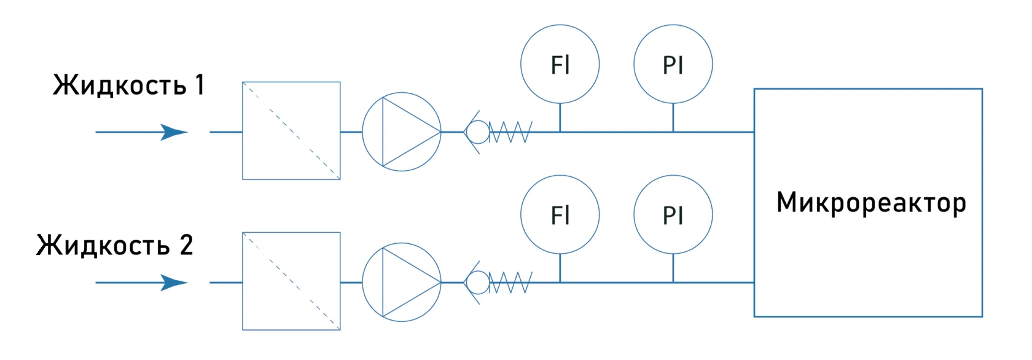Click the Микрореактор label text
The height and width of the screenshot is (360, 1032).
pos(870,203)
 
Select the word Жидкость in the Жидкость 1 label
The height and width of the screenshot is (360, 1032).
pos(120,85)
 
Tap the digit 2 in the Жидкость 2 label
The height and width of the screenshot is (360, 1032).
pos(186,245)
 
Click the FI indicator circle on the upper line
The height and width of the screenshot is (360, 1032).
pos(560,64)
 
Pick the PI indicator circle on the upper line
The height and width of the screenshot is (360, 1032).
pos(673,64)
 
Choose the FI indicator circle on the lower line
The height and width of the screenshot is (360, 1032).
pos(560,215)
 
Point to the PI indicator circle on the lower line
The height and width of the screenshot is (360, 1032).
pos(673,215)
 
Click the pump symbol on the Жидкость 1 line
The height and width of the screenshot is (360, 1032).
pos(402,131)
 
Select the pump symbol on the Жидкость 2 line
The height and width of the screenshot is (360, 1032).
pos(402,283)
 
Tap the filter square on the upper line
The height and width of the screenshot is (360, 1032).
pos(291,131)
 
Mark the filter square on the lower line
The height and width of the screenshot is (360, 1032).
pos(291,281)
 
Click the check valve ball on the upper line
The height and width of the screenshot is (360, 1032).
pos(477,131)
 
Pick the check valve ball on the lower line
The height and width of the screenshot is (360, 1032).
pos(477,283)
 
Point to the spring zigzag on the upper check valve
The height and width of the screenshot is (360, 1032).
pos(510,131)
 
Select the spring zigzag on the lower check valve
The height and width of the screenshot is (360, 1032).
pos(510,283)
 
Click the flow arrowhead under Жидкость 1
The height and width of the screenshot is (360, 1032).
pos(173,131)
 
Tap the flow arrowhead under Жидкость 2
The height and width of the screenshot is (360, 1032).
pos(173,283)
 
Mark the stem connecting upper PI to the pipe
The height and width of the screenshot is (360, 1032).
pos(673,117)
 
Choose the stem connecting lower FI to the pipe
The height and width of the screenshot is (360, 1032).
pos(560,268)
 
